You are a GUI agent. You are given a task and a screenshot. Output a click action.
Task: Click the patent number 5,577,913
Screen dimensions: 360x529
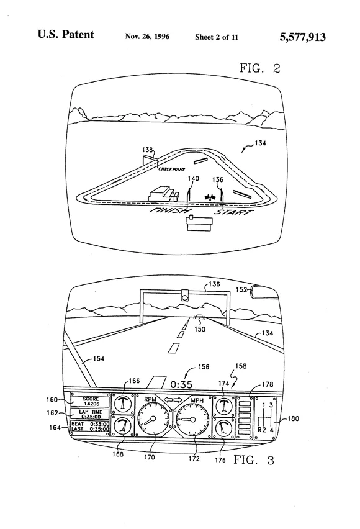[302, 37]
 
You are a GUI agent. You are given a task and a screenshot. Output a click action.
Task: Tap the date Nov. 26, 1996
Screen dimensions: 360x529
[147, 37]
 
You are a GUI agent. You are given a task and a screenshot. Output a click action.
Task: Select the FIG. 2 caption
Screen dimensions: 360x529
[260, 68]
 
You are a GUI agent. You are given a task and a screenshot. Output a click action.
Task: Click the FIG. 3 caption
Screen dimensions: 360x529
[254, 460]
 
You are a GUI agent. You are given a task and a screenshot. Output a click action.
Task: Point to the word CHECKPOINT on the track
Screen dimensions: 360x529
[172, 169]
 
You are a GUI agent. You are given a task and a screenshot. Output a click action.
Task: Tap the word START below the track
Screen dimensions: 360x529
[233, 212]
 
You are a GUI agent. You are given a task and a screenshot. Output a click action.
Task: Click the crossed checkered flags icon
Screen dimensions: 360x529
[210, 197]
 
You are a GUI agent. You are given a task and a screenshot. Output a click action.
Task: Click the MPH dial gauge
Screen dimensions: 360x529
[192, 420]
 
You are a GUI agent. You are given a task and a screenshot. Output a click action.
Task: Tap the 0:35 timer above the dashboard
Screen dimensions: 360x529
[181, 384]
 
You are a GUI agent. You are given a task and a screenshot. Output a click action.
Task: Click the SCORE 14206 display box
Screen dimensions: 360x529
[91, 401]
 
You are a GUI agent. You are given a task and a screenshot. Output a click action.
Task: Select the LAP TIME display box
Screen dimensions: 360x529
[91, 414]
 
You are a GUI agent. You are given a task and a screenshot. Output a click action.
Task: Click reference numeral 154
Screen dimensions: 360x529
[98, 359]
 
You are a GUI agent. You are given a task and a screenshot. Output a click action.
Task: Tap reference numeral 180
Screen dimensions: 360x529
[293, 418]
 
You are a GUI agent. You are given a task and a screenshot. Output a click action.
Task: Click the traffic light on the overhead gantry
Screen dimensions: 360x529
[184, 295]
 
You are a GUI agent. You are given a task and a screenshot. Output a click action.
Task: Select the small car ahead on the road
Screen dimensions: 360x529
[199, 317]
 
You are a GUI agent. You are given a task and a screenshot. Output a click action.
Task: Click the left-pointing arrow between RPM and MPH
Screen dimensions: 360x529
[168, 400]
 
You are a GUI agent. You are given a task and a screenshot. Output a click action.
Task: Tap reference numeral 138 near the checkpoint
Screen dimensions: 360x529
[148, 150]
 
